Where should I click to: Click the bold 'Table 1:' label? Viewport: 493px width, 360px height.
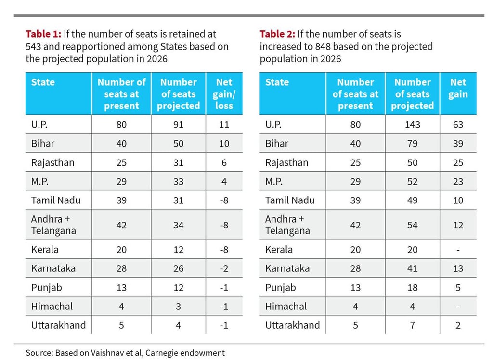tap(43, 34)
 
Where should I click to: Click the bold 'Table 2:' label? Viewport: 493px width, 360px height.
tap(277, 34)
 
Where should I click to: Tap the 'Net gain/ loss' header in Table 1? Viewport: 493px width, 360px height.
tap(224, 94)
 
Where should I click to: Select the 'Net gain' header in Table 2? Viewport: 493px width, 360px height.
tap(458, 88)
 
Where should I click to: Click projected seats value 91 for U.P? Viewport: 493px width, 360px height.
tap(178, 125)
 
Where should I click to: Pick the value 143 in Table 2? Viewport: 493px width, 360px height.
tap(412, 125)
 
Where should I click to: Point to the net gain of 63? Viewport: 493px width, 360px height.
tap(458, 125)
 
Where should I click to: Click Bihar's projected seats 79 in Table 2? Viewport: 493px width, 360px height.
tap(412, 144)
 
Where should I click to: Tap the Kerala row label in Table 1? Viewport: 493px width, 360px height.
tap(45, 250)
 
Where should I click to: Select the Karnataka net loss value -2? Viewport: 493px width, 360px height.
tap(224, 268)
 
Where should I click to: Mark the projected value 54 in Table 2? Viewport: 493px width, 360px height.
tap(412, 225)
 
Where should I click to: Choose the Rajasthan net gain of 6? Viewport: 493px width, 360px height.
tap(224, 163)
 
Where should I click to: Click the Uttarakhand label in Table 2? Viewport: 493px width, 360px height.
tap(292, 325)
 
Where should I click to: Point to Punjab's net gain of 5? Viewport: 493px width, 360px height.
tap(458, 288)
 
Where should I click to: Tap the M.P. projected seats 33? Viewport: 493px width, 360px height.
tap(178, 182)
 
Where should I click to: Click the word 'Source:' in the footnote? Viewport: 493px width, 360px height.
tap(39, 353)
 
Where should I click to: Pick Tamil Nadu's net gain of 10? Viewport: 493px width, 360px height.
tap(458, 200)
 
